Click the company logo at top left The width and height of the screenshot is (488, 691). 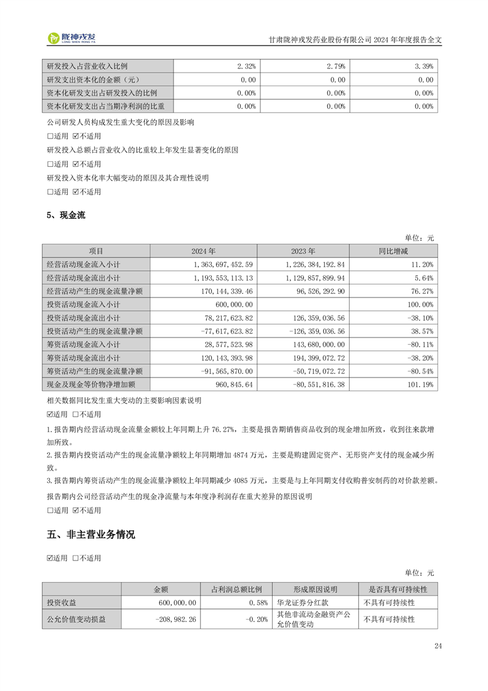point(71,38)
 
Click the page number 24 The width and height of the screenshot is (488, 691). point(438,646)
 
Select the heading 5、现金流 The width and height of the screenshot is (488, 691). point(66,215)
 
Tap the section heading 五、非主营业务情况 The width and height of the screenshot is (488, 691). point(90,534)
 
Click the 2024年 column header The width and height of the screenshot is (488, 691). point(203,251)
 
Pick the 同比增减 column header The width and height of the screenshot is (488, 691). point(393,251)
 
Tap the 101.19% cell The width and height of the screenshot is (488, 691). point(420,384)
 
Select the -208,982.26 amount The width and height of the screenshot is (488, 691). point(172,619)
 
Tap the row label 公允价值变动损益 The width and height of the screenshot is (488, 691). point(76,619)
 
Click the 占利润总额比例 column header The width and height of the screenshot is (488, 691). point(236,589)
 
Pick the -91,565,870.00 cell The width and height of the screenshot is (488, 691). point(226,371)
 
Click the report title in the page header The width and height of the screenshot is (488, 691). point(356,38)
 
